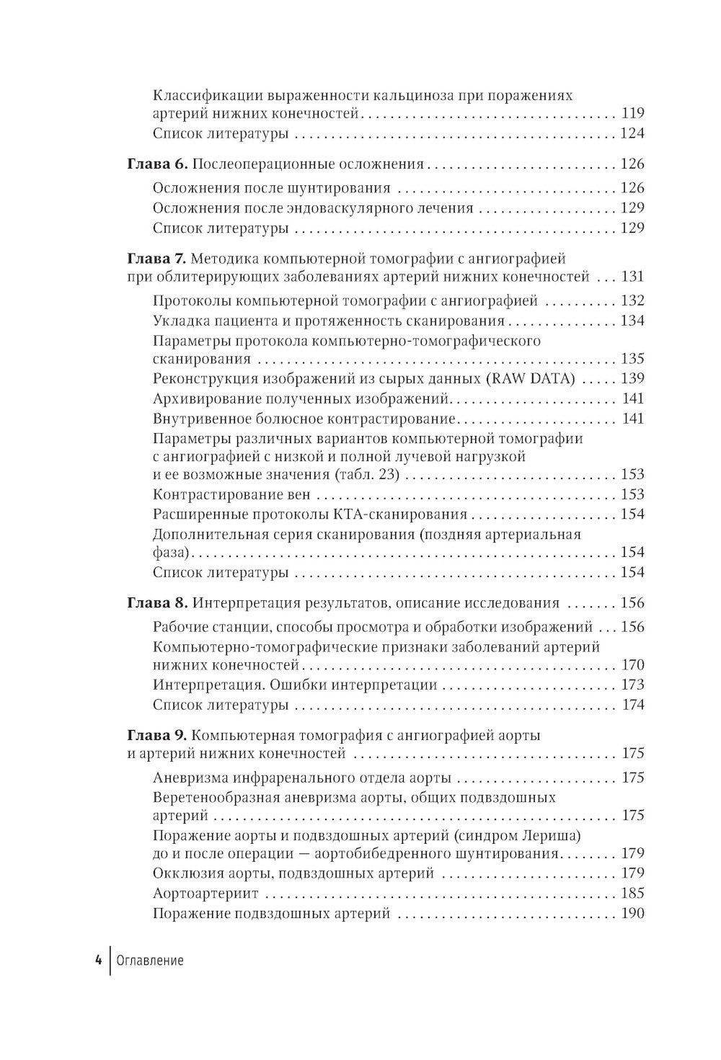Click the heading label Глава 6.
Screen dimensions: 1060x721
pos(157,164)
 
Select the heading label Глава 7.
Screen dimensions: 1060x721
pos(157,257)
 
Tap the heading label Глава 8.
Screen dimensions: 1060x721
pos(157,603)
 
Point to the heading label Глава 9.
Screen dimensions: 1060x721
pos(157,736)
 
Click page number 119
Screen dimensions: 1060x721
pos(632,113)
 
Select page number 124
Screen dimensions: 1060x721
pos(632,133)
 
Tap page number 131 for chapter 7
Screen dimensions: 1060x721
pos(632,277)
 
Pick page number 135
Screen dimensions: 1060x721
pos(632,359)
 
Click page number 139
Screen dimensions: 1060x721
pos(632,378)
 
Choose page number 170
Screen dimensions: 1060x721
pos(632,664)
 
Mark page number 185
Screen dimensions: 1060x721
pos(632,894)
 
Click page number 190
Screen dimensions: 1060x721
pos(632,914)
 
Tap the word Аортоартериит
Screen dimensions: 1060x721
pos(206,894)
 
